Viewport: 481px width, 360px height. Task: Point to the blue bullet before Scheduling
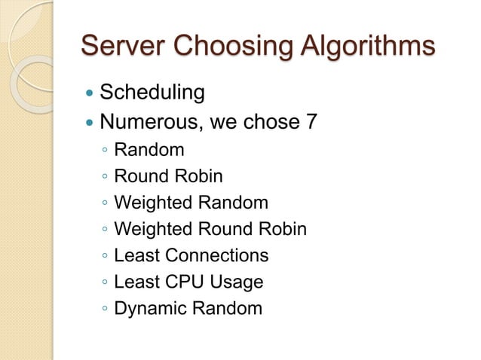click(90, 93)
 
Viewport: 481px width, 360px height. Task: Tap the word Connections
click(217, 255)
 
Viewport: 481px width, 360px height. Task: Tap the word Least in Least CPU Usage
click(136, 282)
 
